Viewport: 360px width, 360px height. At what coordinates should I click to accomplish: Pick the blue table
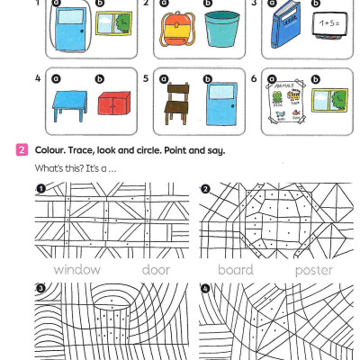pyautogui.click(x=64, y=105)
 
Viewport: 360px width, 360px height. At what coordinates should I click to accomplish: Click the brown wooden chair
pyautogui.click(x=175, y=103)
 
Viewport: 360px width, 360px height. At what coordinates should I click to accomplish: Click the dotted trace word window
pyautogui.click(x=76, y=270)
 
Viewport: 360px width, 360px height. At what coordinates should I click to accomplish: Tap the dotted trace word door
pyautogui.click(x=156, y=270)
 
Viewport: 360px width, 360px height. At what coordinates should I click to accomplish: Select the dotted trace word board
pyautogui.click(x=235, y=270)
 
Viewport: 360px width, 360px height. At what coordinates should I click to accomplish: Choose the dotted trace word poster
pyautogui.click(x=313, y=270)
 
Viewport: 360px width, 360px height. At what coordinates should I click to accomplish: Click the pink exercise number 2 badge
pyautogui.click(x=22, y=149)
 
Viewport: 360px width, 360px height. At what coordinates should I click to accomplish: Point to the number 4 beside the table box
pyautogui.click(x=38, y=78)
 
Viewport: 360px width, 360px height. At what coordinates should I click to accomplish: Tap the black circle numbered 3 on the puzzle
pyautogui.click(x=40, y=288)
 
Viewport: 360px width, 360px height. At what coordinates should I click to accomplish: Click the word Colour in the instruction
pyautogui.click(x=50, y=149)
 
